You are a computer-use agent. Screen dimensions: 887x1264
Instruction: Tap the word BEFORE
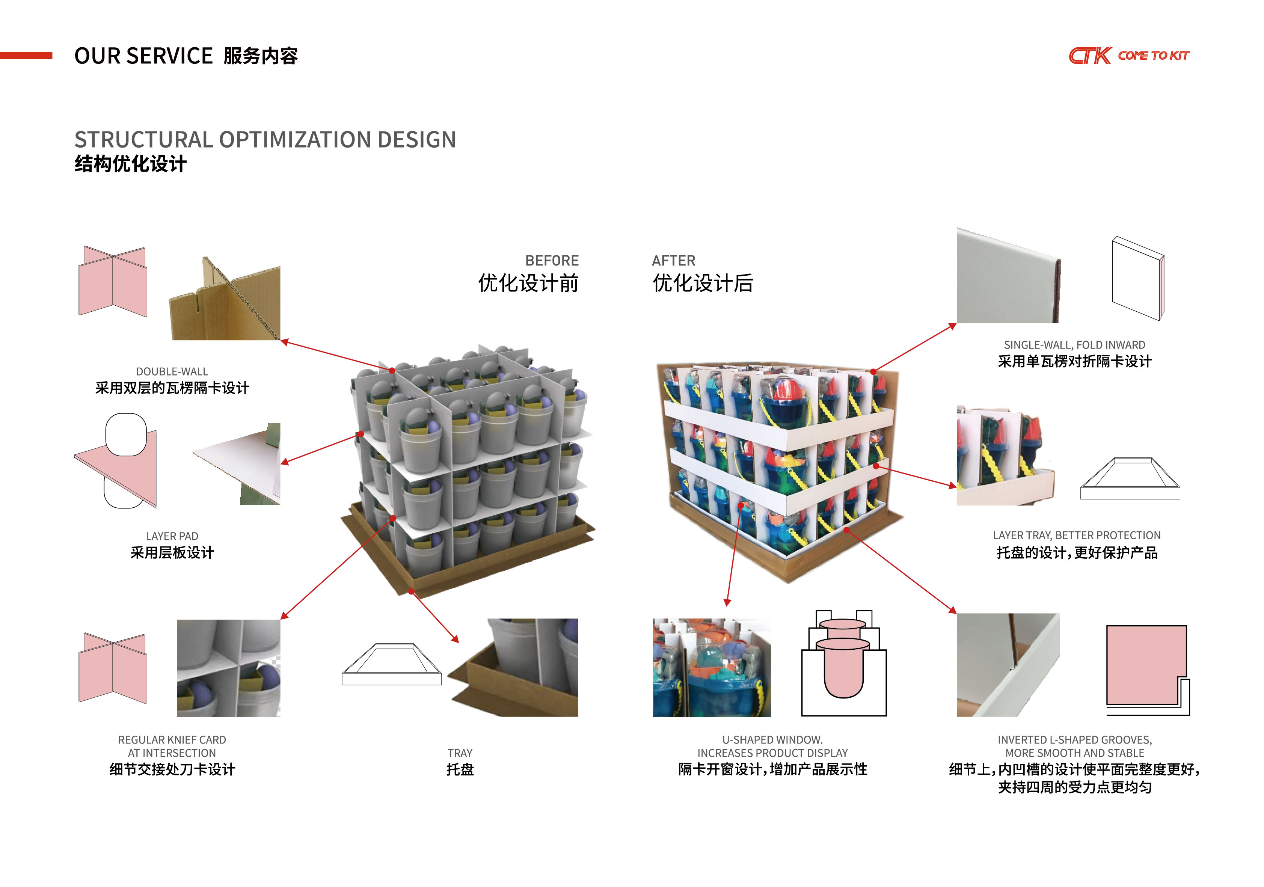(552, 260)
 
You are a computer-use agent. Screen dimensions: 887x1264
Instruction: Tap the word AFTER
(673, 260)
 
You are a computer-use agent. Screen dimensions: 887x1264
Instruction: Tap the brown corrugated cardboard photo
(226, 300)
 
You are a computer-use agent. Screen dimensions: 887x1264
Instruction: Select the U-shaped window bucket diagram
(843, 664)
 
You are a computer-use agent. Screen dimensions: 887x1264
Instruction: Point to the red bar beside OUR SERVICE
(26, 56)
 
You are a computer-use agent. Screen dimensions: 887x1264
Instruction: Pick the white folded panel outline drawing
(1138, 278)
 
